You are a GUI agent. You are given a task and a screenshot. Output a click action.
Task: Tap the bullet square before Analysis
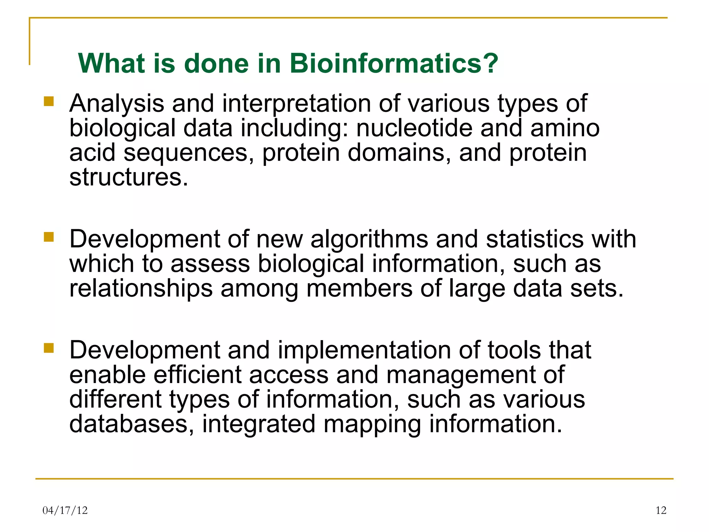click(x=49, y=101)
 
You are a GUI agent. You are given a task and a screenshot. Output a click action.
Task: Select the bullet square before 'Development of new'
click(x=49, y=237)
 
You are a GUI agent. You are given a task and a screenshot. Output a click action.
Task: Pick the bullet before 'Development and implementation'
click(x=49, y=348)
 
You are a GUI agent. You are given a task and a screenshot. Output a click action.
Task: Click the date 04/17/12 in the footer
click(x=65, y=510)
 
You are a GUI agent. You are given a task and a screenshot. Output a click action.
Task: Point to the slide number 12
click(x=661, y=510)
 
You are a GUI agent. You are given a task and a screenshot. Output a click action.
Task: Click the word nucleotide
click(x=414, y=128)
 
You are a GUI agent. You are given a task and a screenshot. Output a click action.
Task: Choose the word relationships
click(x=141, y=289)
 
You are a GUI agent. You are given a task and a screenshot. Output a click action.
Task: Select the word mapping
click(x=372, y=425)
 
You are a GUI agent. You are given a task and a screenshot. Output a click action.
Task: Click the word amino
click(x=565, y=128)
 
